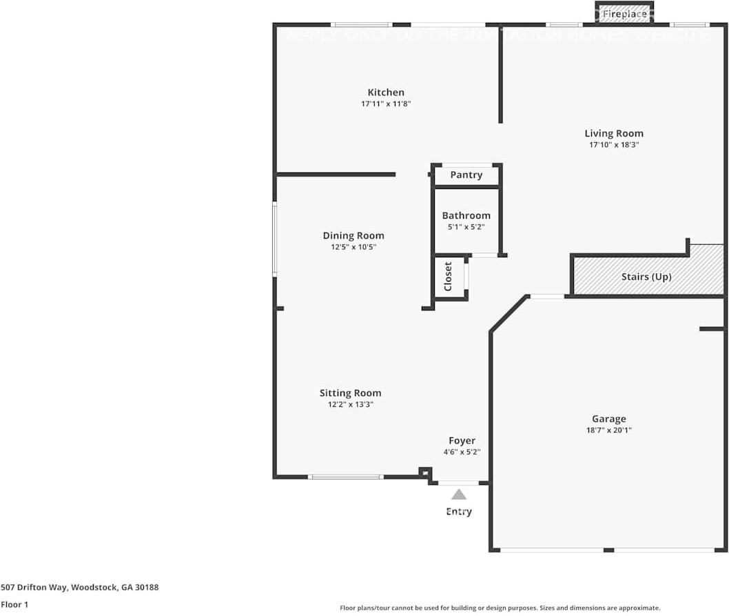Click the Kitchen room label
click(386, 92)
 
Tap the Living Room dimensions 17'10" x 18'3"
click(614, 145)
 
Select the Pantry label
click(466, 175)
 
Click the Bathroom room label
click(466, 215)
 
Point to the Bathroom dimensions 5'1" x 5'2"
click(466, 227)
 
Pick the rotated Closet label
click(448, 276)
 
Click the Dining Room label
click(353, 236)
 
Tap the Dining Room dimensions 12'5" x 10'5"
click(353, 247)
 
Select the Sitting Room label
click(350, 393)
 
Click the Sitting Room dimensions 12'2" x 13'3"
click(350, 405)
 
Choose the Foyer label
click(462, 441)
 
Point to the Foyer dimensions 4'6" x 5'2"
click(462, 453)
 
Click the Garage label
click(609, 419)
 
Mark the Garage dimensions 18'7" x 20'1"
click(609, 430)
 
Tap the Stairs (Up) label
click(646, 277)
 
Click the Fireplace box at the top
click(624, 13)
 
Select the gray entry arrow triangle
click(459, 495)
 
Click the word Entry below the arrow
click(459, 511)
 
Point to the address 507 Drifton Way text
click(79, 587)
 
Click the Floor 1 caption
click(14, 605)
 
